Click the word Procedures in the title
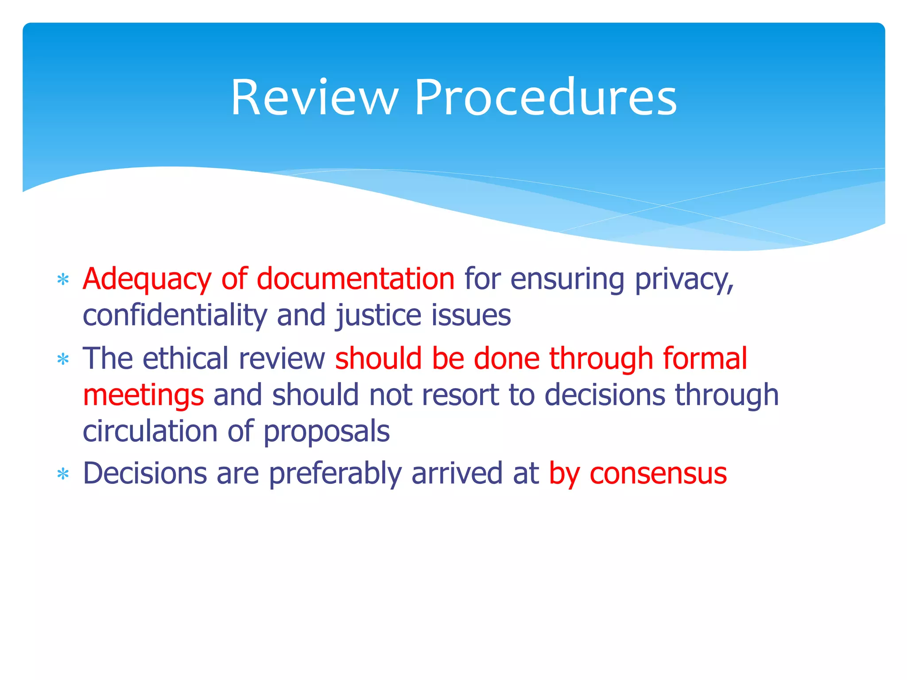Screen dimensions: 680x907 click(x=545, y=98)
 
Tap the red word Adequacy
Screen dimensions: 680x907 click(x=147, y=279)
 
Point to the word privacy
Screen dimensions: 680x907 click(x=684, y=279)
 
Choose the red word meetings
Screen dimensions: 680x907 click(x=143, y=395)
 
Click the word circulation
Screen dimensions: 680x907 click(x=150, y=431)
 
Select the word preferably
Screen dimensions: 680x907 click(x=335, y=474)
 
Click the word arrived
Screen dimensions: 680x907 click(x=457, y=473)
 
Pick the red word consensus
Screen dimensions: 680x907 click(x=658, y=474)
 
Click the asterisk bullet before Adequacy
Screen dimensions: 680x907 click(x=63, y=280)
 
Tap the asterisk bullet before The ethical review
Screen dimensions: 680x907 click(x=63, y=359)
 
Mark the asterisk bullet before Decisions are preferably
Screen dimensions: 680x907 click(x=63, y=474)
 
